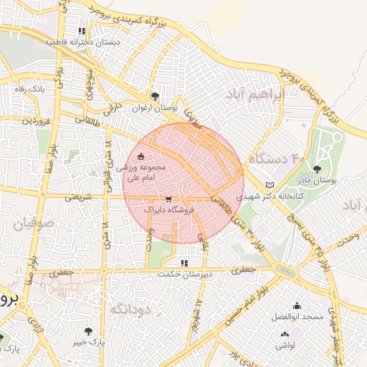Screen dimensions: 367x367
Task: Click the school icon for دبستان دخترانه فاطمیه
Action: pyautogui.click(x=82, y=32)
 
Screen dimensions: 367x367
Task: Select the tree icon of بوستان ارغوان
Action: pyautogui.click(x=154, y=96)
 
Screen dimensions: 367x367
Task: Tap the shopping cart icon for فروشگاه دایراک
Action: pyautogui.click(x=168, y=199)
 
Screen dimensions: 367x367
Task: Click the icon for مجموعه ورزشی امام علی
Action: pyautogui.click(x=140, y=156)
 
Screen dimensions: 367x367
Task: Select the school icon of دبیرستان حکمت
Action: pyautogui.click(x=184, y=263)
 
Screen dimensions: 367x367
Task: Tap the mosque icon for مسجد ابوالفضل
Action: pyautogui.click(x=297, y=306)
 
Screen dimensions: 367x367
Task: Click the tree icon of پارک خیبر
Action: pyautogui.click(x=88, y=331)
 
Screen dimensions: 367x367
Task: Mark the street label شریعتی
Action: pyautogui.click(x=79, y=196)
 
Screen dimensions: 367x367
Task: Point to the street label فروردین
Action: pyautogui.click(x=36, y=121)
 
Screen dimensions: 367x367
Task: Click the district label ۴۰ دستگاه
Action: pyautogui.click(x=277, y=157)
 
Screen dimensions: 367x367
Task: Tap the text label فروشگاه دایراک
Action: pyautogui.click(x=168, y=210)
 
